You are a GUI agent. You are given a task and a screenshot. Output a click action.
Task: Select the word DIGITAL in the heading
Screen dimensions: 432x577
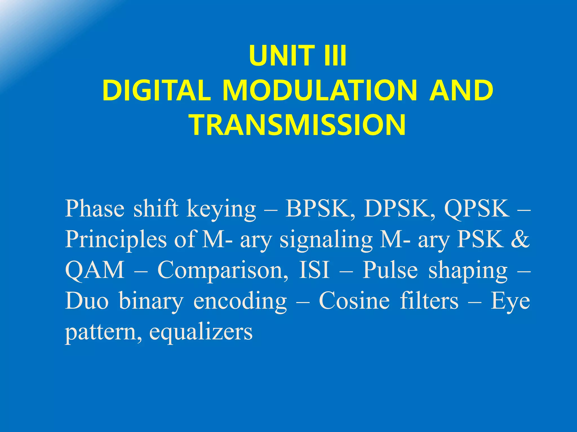157,90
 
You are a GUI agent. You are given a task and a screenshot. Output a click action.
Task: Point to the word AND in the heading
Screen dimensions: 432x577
461,90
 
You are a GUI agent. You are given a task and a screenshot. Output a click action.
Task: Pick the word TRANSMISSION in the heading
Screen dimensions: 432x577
298,125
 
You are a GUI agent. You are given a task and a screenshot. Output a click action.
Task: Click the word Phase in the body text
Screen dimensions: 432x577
95,209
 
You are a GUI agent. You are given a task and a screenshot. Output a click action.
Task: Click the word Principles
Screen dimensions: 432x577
116,240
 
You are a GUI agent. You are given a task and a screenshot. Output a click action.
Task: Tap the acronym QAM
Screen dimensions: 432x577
95,270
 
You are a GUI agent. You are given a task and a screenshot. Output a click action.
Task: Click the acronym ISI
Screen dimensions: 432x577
314,270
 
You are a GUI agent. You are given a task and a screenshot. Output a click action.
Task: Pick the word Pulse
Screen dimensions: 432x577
390,270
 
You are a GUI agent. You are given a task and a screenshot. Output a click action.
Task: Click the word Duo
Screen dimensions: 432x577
87,301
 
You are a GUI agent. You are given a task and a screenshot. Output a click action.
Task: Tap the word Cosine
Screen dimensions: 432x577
354,301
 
